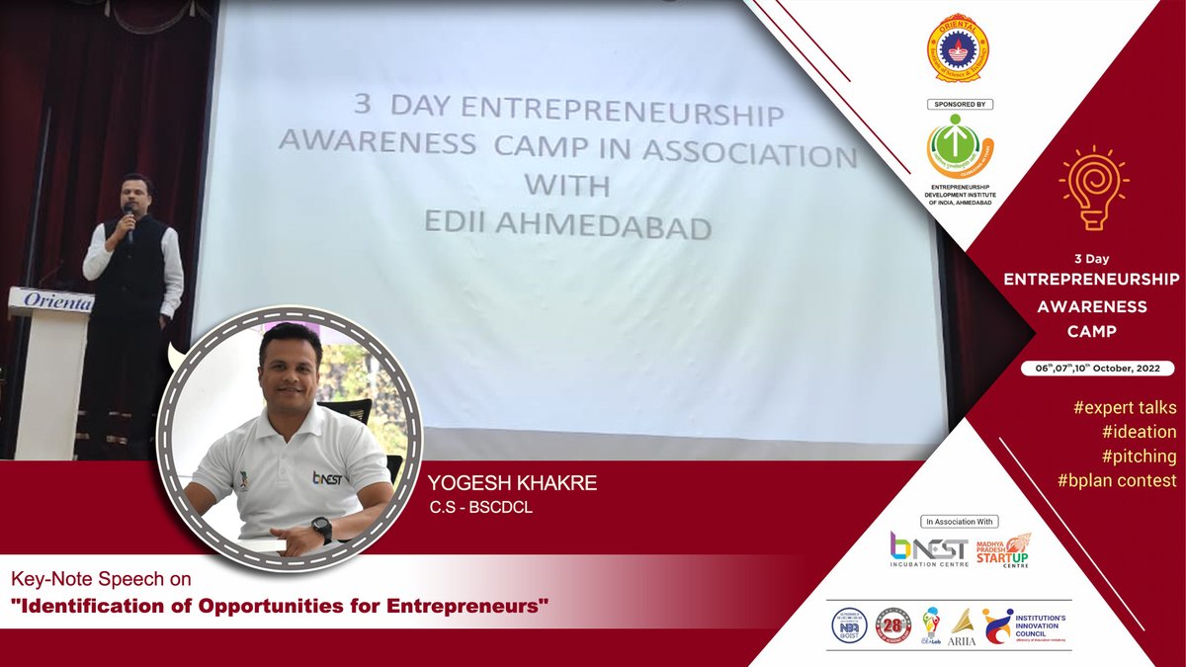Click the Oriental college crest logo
point(959,48)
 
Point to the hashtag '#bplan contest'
point(1116,481)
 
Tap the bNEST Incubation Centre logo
point(930,549)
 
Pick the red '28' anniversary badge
point(892,625)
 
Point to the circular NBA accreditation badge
point(848,625)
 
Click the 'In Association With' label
point(960,521)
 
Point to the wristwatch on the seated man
point(321,530)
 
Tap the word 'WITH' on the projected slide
point(566,187)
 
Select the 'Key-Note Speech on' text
point(100,577)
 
